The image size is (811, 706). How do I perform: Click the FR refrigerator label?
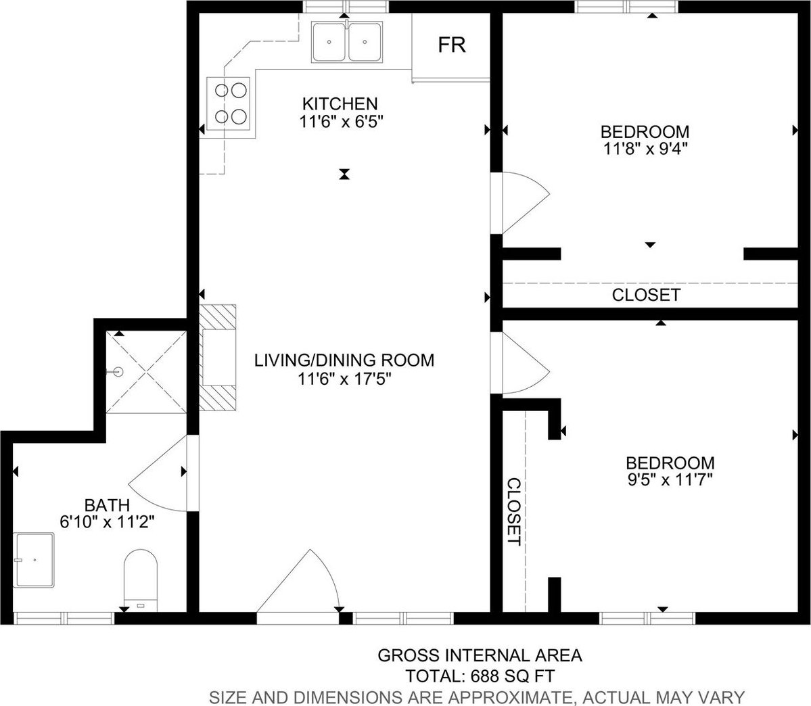click(x=452, y=45)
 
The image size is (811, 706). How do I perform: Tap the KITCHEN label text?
click(x=340, y=103)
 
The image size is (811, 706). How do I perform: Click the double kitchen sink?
click(x=346, y=42)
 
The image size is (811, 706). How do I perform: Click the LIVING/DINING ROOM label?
click(x=344, y=360)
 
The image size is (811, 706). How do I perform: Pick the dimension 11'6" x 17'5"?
click(x=344, y=379)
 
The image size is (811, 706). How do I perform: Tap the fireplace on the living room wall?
click(x=218, y=358)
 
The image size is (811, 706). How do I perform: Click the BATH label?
click(x=107, y=504)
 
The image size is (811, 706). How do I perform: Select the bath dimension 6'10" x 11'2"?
click(x=107, y=522)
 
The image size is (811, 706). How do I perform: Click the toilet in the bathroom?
click(x=141, y=580)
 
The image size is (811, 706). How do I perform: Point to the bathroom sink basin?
click(x=34, y=560)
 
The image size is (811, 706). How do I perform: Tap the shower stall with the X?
click(x=146, y=372)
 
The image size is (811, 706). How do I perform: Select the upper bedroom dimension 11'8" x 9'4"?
click(x=645, y=149)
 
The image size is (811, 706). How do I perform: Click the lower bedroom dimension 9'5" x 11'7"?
click(x=670, y=480)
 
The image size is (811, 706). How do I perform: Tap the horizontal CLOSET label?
click(x=646, y=295)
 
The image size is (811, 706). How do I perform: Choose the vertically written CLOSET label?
click(x=513, y=511)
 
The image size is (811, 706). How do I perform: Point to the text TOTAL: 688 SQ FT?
click(x=480, y=676)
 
